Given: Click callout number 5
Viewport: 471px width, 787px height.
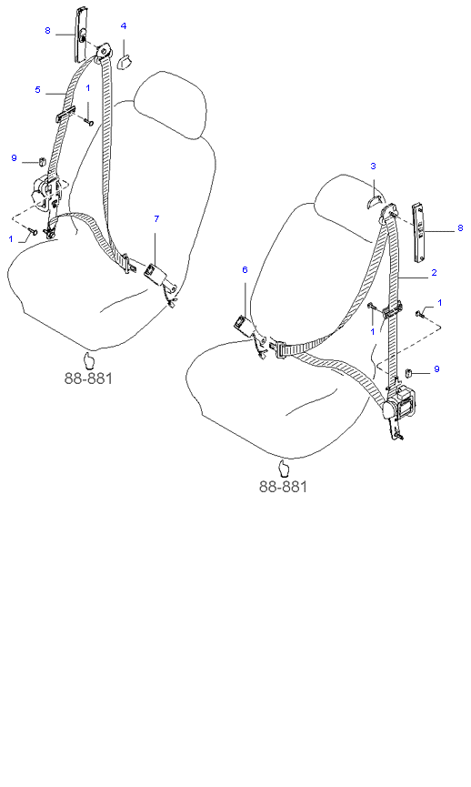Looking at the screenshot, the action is point(37,90).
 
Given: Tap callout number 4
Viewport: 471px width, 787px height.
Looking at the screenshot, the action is point(124,26).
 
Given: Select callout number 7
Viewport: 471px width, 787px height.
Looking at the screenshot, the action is point(156,218).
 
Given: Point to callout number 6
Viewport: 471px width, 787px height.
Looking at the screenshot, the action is point(245,270).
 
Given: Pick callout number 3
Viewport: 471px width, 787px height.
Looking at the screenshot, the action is point(373,166).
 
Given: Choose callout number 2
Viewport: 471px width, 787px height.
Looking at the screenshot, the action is point(434,273).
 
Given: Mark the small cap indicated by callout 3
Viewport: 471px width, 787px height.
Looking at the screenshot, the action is point(374,202).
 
